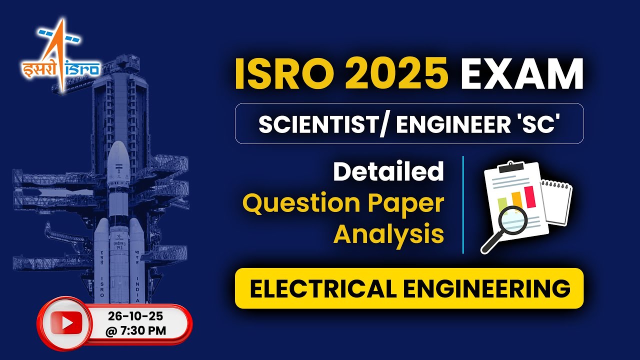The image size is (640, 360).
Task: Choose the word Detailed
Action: coord(388,171)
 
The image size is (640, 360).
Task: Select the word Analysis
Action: coord(388,233)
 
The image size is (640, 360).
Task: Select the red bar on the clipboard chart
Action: coord(529,196)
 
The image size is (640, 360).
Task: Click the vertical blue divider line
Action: coord(463,205)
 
